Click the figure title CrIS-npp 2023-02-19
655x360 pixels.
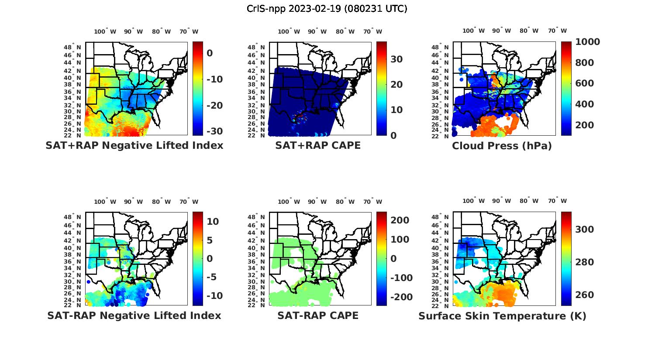(x=327, y=9)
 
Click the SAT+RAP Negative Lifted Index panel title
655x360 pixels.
(x=134, y=145)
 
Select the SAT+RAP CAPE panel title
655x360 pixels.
(x=318, y=145)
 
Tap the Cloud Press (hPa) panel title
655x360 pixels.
(x=502, y=146)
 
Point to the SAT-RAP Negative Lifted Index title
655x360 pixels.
(x=134, y=315)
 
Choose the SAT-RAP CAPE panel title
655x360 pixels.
(x=318, y=315)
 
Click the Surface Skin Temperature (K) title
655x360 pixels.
(x=502, y=316)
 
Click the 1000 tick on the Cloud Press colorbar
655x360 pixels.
(x=587, y=42)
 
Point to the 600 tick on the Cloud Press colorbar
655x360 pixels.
(x=584, y=83)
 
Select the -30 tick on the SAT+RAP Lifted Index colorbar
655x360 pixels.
(x=214, y=131)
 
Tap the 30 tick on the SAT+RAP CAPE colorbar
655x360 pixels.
(x=396, y=59)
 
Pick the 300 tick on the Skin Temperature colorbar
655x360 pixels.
(x=584, y=230)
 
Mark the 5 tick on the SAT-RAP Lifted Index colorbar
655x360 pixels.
(x=210, y=240)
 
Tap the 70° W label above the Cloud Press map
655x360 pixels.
(x=558, y=31)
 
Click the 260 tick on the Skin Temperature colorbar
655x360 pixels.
(x=584, y=295)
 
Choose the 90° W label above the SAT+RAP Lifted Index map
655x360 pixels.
(x=133, y=31)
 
